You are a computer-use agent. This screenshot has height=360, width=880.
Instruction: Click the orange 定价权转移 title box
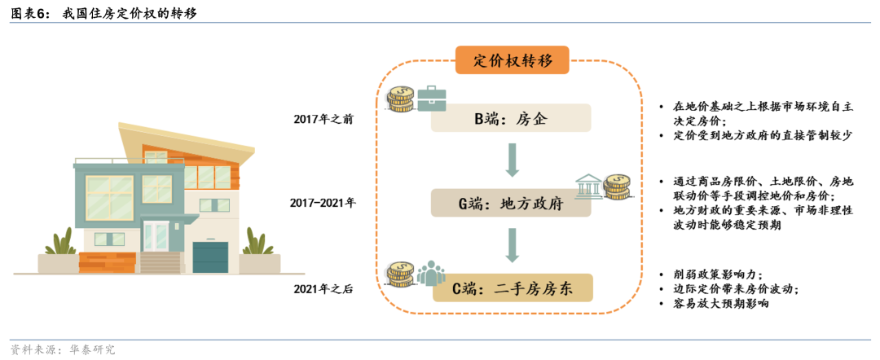pyautogui.click(x=512, y=60)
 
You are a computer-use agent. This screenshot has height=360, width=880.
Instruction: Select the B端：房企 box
pyautogui.click(x=512, y=119)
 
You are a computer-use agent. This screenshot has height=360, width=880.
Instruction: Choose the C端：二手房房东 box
pyautogui.click(x=512, y=288)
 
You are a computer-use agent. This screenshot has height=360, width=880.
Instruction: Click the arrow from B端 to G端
pyautogui.click(x=512, y=160)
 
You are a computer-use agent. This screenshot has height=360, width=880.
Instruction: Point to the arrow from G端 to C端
pyautogui.click(x=512, y=245)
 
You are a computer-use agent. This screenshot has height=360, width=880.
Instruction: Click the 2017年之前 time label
pyautogui.click(x=323, y=119)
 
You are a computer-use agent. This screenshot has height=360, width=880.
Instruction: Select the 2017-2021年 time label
pyautogui.click(x=323, y=203)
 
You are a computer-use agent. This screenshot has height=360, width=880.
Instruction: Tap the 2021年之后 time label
pyautogui.click(x=323, y=288)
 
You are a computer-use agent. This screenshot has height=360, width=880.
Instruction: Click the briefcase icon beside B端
pyautogui.click(x=431, y=99)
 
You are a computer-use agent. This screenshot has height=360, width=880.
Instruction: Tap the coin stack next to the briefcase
pyautogui.click(x=400, y=99)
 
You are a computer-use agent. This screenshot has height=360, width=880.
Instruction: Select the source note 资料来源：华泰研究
pyautogui.click(x=63, y=349)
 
